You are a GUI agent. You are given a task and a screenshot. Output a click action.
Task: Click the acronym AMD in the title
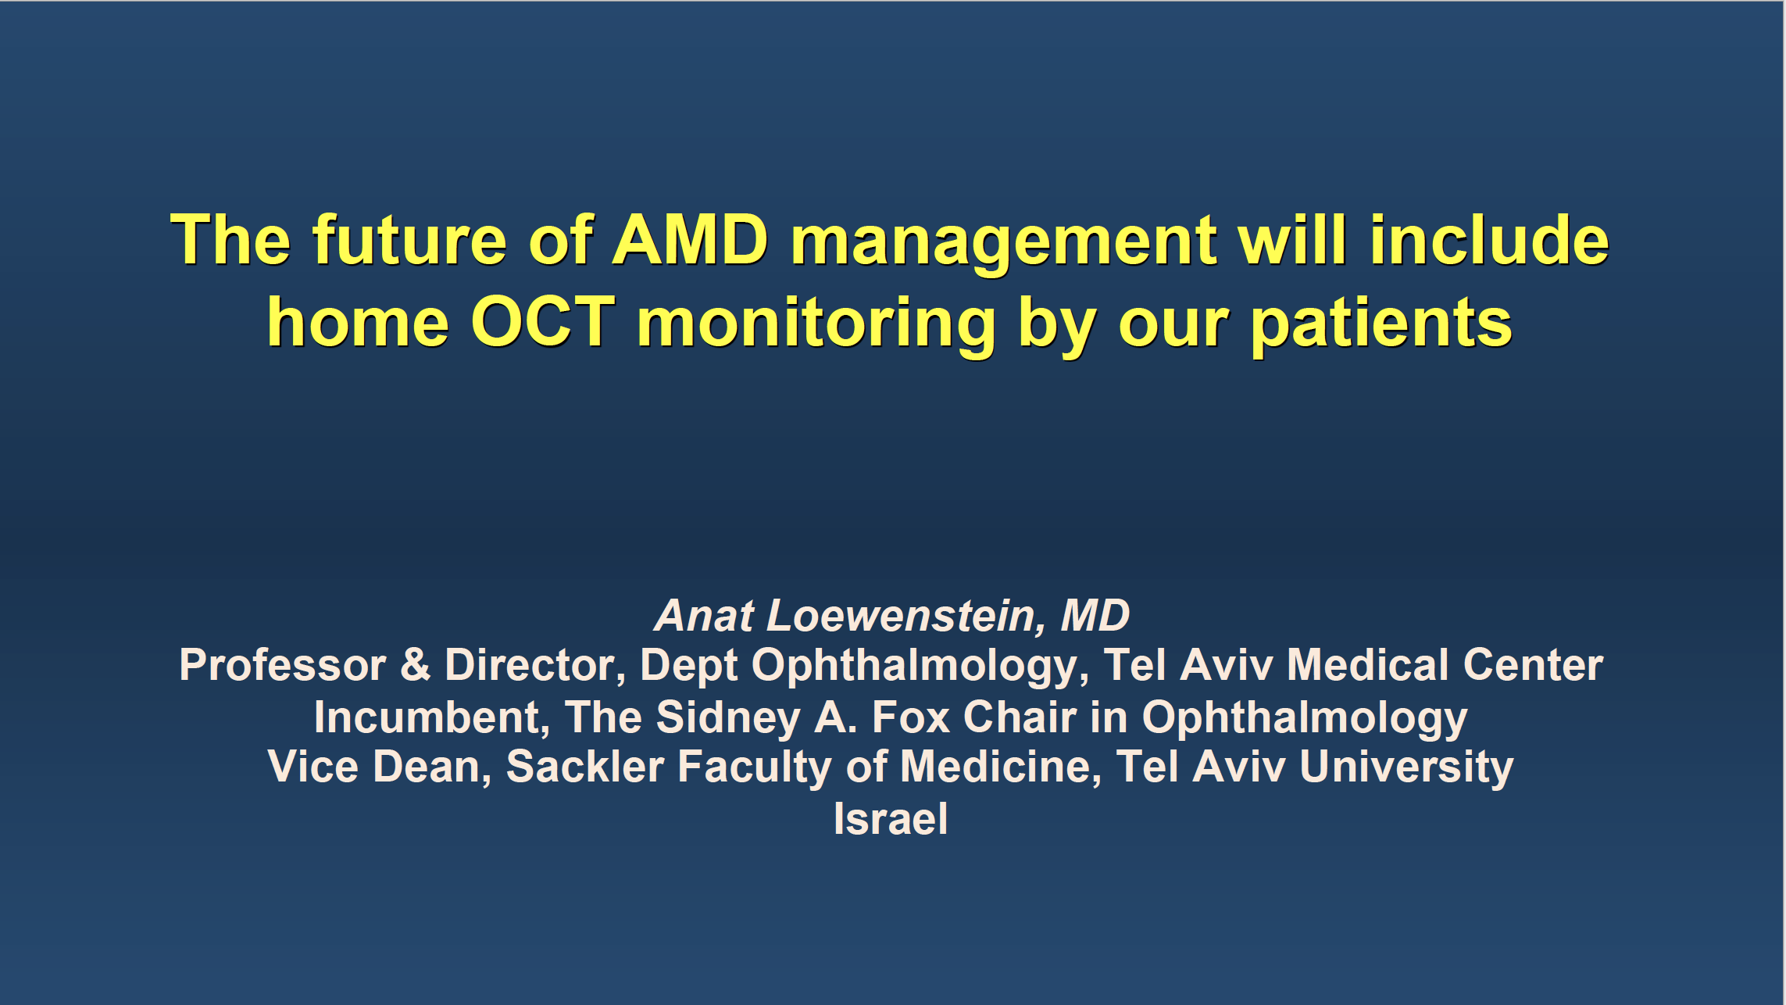point(690,240)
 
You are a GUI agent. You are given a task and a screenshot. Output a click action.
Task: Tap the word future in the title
point(410,240)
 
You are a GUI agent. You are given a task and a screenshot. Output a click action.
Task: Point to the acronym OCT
point(542,322)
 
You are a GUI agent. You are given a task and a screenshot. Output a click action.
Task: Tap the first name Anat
point(705,616)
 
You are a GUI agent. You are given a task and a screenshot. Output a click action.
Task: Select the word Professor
point(283,665)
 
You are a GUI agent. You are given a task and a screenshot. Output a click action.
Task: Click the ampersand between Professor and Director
point(416,665)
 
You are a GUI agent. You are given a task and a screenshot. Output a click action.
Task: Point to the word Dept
point(689,667)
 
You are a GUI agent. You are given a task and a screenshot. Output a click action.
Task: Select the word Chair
point(1020,717)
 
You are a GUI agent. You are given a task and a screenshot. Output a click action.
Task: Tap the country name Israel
point(891,819)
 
